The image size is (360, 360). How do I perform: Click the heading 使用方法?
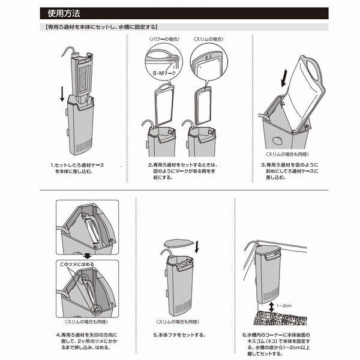click(64, 13)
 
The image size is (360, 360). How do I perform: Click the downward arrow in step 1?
click(62, 94)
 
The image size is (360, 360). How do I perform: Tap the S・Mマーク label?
click(164, 73)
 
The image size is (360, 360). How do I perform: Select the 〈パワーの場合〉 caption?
click(164, 39)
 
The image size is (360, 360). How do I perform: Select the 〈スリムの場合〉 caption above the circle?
click(208, 39)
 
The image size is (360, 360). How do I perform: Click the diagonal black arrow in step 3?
click(284, 78)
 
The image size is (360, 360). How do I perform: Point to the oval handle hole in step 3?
click(313, 70)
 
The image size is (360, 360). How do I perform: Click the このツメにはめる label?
click(77, 264)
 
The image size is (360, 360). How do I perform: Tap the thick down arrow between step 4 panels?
click(87, 256)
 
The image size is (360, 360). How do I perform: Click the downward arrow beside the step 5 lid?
click(197, 247)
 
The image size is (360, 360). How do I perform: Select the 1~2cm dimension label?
click(284, 306)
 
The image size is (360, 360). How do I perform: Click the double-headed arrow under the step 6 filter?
click(271, 307)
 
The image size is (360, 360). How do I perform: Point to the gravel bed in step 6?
click(280, 318)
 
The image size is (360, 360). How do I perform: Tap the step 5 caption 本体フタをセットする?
click(179, 335)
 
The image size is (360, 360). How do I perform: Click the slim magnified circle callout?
click(209, 62)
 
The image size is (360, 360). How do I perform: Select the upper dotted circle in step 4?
click(84, 280)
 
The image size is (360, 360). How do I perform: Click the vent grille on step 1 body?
click(83, 146)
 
